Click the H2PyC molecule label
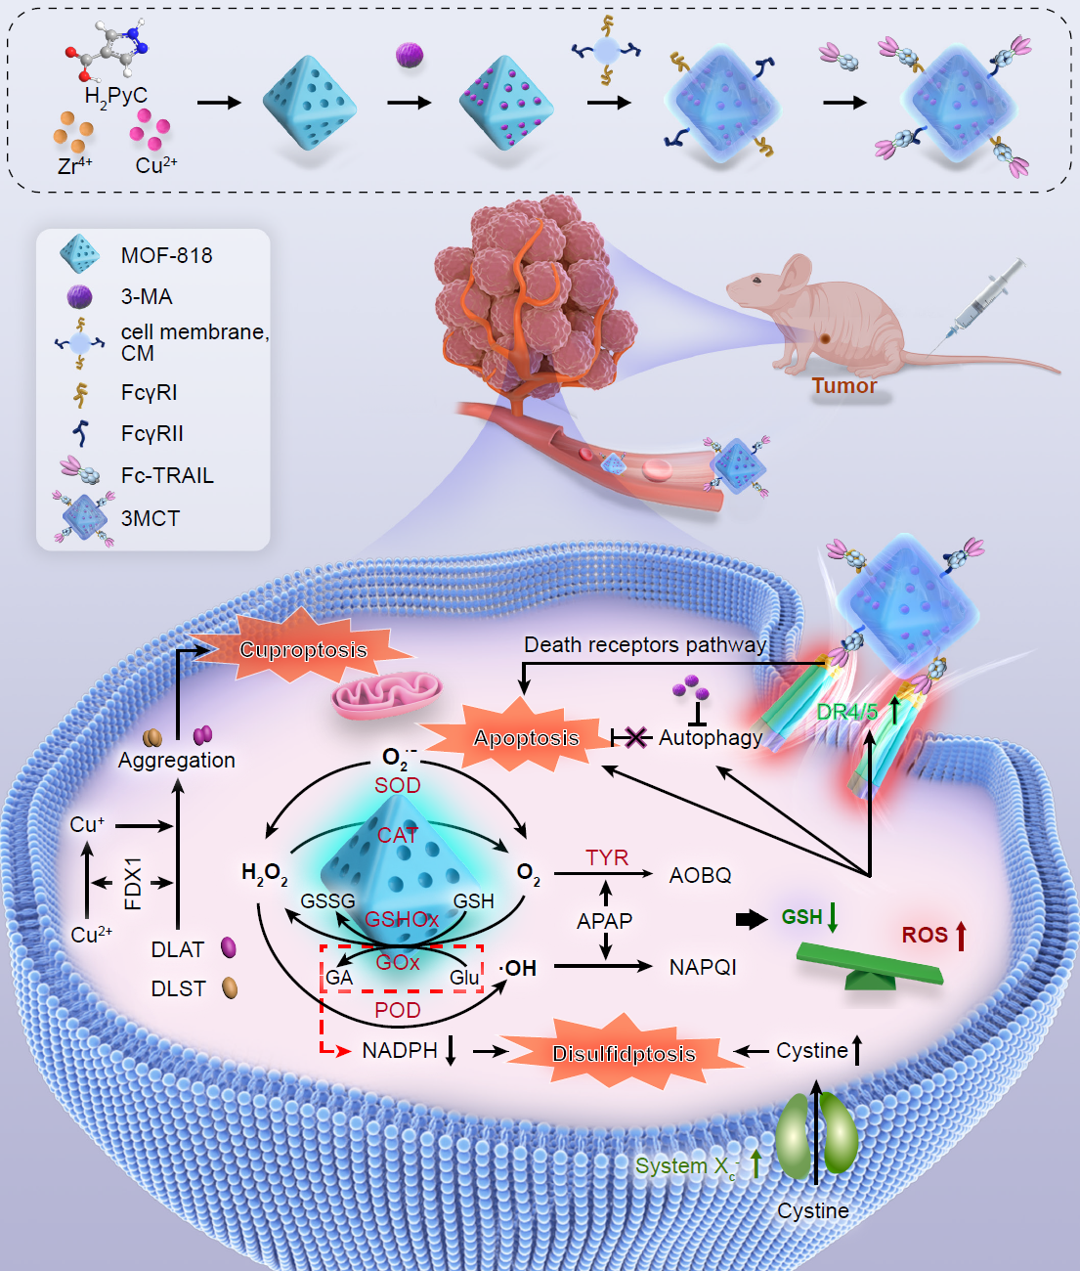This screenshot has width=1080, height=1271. point(115,97)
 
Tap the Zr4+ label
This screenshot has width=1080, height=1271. point(75,165)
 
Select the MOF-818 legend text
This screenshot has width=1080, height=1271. point(166,255)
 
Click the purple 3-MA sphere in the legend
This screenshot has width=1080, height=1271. point(79,296)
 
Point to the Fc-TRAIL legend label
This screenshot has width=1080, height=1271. point(167,475)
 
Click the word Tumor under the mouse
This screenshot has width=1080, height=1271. point(843,385)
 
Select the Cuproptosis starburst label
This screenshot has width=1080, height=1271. point(303,650)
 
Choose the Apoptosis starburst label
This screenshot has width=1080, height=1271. point(526,738)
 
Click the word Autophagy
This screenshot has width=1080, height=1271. point(711,738)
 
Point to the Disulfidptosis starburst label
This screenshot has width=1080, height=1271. point(624,1053)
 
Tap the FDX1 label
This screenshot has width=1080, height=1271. point(133,884)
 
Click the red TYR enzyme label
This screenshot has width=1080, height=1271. point(607,857)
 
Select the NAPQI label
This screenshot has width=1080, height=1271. point(703,967)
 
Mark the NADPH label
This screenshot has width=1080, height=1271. point(400,1050)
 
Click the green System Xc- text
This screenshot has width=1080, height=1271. point(687,1166)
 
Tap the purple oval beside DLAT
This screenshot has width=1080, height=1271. point(229,947)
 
